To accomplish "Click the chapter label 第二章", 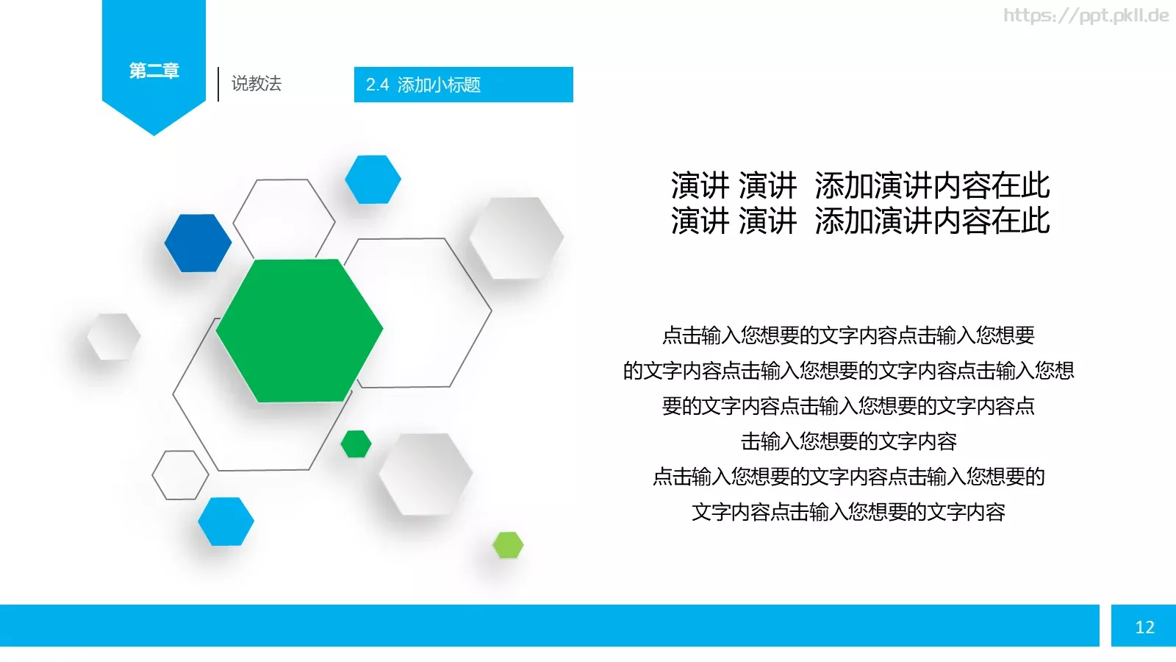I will [x=154, y=71].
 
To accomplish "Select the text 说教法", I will [x=257, y=84].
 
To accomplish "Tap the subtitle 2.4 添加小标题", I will [x=423, y=85].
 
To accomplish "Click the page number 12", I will [x=1144, y=627].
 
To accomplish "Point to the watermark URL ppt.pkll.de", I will [x=1086, y=15].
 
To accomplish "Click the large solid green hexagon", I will [x=299, y=330].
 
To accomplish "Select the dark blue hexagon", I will [x=198, y=243].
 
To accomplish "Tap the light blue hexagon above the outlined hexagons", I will [x=373, y=179].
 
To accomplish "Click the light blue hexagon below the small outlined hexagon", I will [x=226, y=522].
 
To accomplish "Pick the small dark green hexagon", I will [x=356, y=444].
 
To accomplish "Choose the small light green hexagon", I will [x=508, y=545].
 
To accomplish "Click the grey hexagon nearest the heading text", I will [x=516, y=238].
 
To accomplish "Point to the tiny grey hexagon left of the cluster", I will [x=113, y=337].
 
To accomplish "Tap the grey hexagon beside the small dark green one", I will [x=426, y=474].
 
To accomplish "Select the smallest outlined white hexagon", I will [x=180, y=475].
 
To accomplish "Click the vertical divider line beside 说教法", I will [x=218, y=84].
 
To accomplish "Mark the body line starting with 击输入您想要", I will [x=848, y=441].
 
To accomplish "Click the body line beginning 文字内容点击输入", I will [x=848, y=512].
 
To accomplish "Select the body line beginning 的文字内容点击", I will [x=848, y=371].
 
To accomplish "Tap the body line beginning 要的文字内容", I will [x=848, y=406].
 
